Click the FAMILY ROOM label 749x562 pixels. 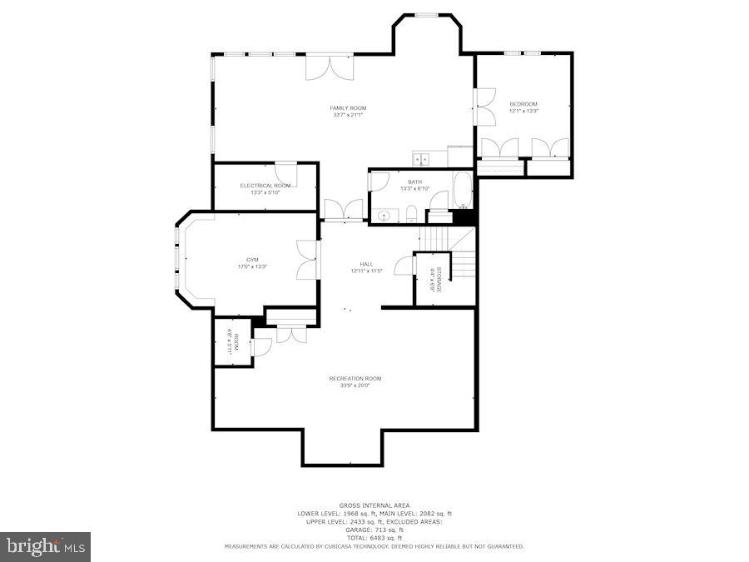pyautogui.click(x=348, y=107)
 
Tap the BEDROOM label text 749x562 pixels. pyautogui.click(x=523, y=104)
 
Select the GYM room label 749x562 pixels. pyautogui.click(x=252, y=259)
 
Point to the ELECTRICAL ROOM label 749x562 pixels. pyautogui.click(x=265, y=185)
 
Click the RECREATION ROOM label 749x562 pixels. pyautogui.click(x=355, y=378)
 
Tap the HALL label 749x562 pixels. pyautogui.click(x=366, y=263)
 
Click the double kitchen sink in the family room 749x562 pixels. pyautogui.click(x=421, y=158)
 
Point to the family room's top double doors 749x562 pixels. pyautogui.click(x=330, y=67)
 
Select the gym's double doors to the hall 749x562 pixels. pyautogui.click(x=306, y=260)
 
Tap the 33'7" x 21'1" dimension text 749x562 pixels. pyautogui.click(x=348, y=115)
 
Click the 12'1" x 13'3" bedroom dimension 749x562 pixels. pyautogui.click(x=523, y=112)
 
